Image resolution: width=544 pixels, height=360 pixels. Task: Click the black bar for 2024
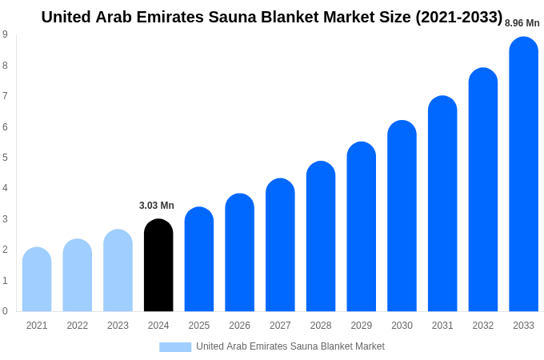click(158, 266)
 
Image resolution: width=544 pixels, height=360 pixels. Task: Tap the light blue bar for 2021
click(37, 280)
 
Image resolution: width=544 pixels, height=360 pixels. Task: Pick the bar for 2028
click(321, 237)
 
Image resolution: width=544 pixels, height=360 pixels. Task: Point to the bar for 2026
click(239, 253)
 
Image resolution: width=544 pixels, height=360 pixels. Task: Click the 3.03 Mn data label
click(157, 206)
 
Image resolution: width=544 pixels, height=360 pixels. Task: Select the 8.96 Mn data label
click(522, 23)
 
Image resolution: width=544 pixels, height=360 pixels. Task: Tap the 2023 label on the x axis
click(118, 326)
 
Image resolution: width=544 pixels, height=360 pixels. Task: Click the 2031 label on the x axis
click(442, 326)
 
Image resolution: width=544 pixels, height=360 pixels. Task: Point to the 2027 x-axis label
click(280, 326)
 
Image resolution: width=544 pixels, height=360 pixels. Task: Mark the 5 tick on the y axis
click(5, 158)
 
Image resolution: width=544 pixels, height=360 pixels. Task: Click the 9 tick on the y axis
click(5, 34)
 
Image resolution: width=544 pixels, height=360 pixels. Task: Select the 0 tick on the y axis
click(5, 311)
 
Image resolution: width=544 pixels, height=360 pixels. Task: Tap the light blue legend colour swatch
click(175, 347)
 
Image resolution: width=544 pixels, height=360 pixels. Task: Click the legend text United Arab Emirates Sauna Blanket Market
click(290, 346)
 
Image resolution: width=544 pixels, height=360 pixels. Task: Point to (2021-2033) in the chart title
click(458, 17)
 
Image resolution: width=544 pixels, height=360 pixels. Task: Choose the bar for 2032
click(483, 190)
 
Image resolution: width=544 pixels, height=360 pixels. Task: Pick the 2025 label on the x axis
click(199, 326)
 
